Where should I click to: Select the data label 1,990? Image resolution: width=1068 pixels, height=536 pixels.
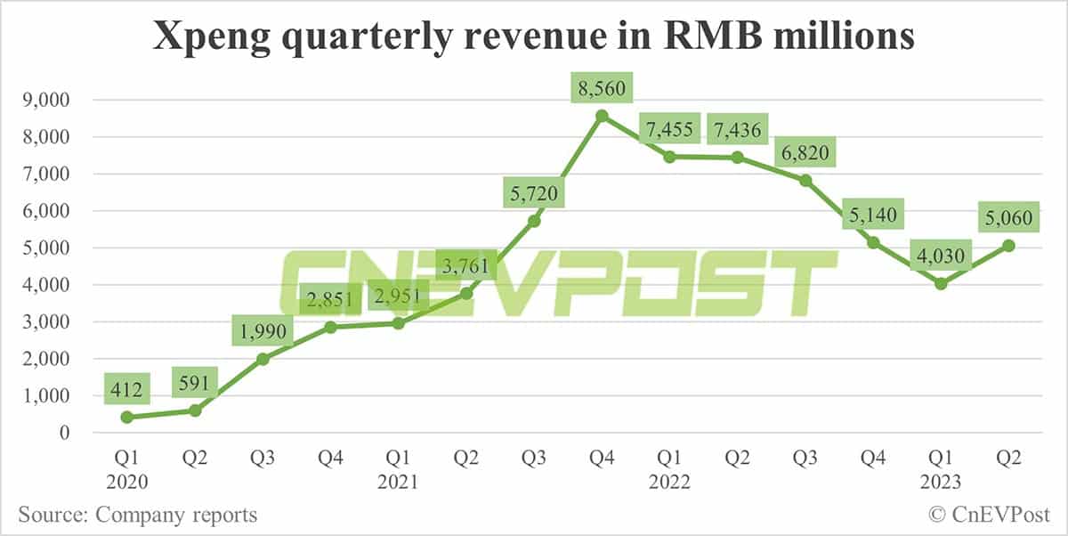pos(264,331)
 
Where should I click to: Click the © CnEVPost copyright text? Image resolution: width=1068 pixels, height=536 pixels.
pos(989,515)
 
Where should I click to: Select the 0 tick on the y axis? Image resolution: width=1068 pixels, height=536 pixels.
pos(64,433)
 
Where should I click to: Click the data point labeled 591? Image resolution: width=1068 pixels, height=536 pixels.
pos(196,410)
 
